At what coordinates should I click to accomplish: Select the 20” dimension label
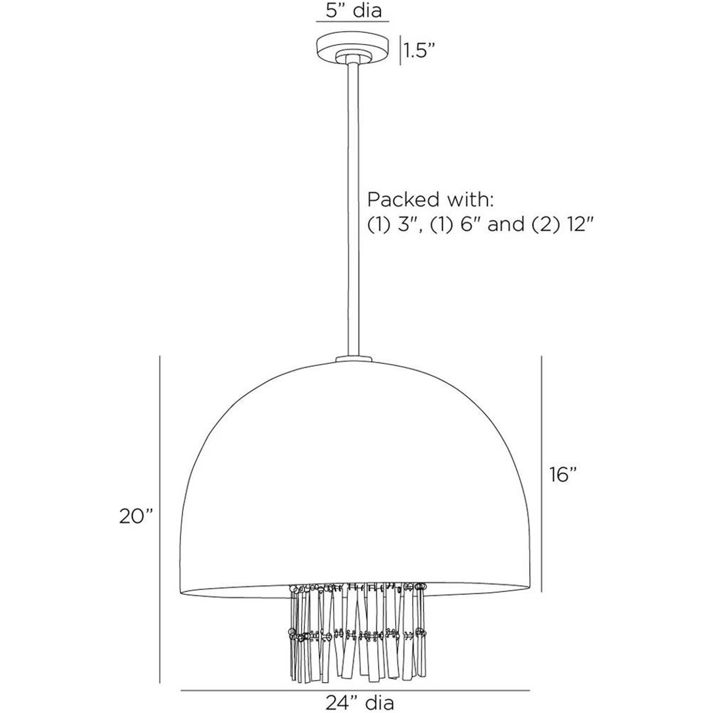136,516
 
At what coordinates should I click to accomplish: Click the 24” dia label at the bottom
359,701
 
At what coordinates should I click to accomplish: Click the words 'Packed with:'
430,200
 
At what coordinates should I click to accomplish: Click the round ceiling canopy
353,50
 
